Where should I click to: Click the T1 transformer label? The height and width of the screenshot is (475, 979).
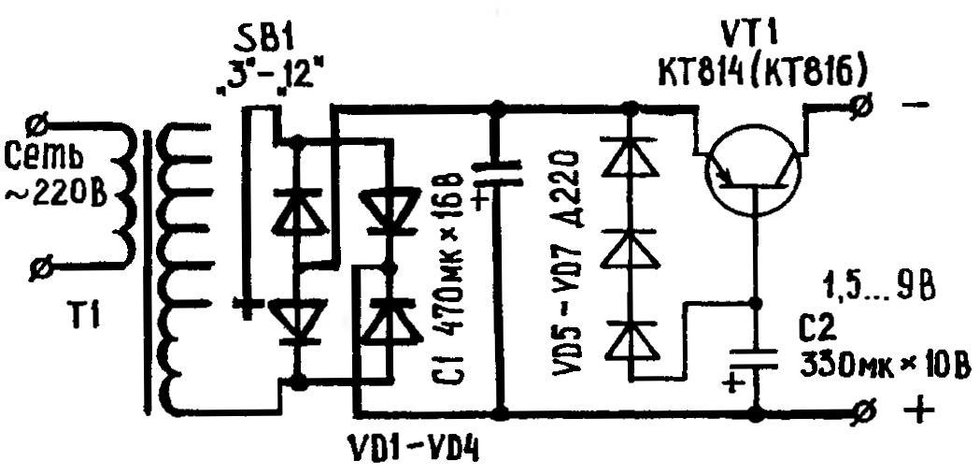[x=86, y=318]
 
